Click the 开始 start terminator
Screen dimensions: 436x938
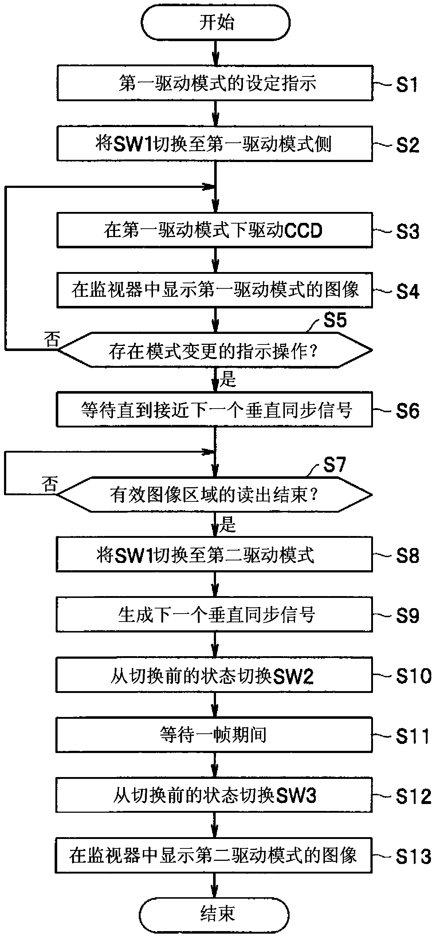(x=216, y=23)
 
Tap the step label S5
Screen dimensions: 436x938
(x=335, y=320)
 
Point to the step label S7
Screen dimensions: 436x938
(x=335, y=465)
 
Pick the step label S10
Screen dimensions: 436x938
(x=414, y=676)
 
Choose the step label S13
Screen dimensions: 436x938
(x=414, y=857)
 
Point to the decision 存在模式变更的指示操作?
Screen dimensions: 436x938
(x=215, y=350)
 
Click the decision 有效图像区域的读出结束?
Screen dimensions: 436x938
(x=215, y=494)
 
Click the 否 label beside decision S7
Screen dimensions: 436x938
(x=50, y=484)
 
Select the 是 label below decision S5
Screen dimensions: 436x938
(x=228, y=379)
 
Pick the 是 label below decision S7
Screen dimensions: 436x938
(x=228, y=524)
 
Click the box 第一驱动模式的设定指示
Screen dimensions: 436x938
(x=215, y=83)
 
